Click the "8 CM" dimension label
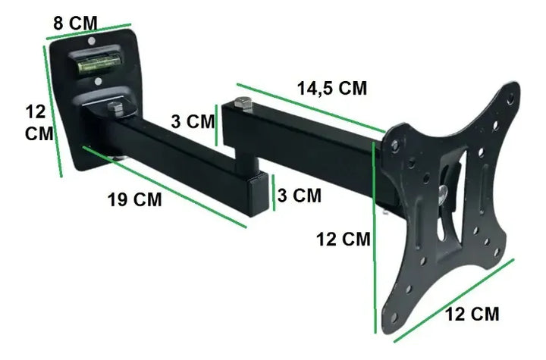click(75, 22)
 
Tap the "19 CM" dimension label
click(134, 200)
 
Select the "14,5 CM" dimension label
click(331, 88)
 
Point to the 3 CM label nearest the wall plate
click(193, 121)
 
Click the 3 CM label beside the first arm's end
click(298, 195)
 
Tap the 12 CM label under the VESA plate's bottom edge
click(472, 314)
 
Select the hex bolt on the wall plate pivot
click(116, 109)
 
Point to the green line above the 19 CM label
click(163, 186)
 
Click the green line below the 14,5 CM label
click(310, 107)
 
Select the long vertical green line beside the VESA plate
click(375, 235)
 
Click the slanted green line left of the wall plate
click(53, 110)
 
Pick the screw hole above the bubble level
click(92, 42)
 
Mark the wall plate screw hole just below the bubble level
click(96, 80)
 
